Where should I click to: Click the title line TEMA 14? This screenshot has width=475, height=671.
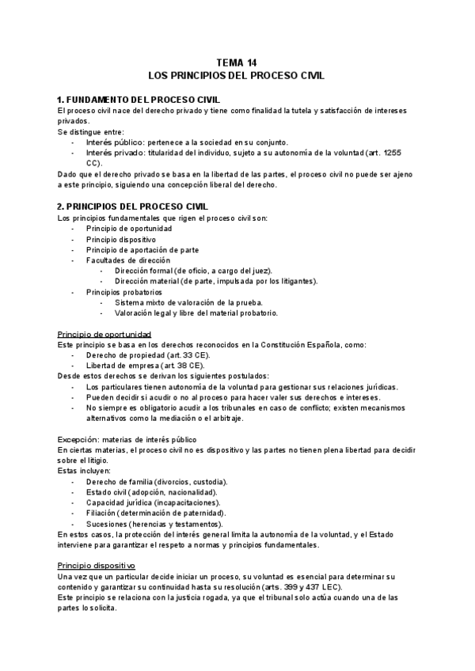point(237,63)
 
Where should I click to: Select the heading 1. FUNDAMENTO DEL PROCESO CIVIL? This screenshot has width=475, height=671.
point(144,100)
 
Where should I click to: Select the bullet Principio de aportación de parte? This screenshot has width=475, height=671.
point(142,249)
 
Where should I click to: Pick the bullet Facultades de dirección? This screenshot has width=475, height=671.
point(128,260)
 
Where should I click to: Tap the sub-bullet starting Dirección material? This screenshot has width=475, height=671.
point(215,281)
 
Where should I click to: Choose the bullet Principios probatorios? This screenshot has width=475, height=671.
point(124,292)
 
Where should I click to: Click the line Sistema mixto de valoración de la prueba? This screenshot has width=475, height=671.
point(188,302)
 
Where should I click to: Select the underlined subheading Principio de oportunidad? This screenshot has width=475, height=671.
point(104,334)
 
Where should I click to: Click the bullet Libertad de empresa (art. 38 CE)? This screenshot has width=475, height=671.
point(145,366)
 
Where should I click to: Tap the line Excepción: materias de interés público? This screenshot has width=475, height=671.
point(127,439)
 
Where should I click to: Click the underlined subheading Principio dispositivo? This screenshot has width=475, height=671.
point(97,566)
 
